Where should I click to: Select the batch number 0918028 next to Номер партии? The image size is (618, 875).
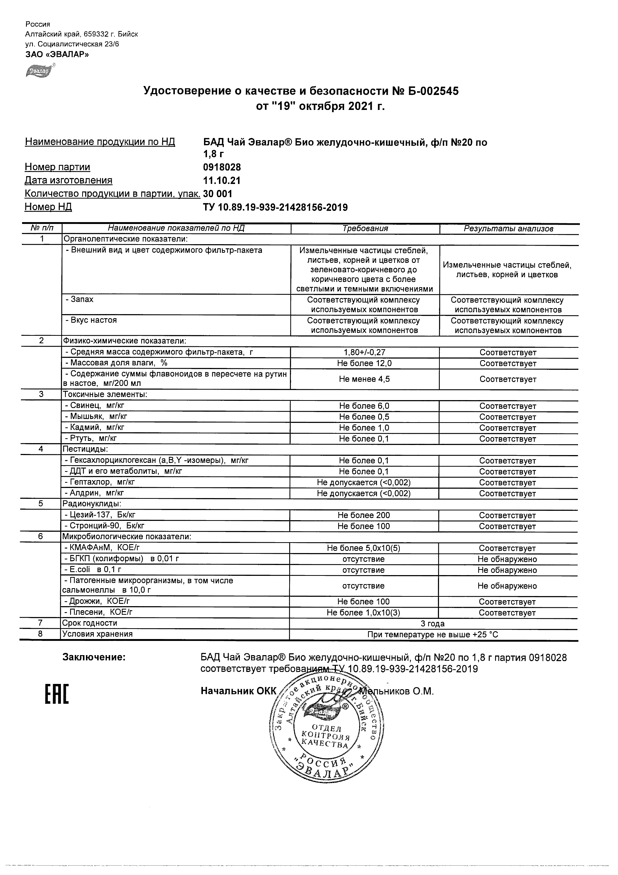222,167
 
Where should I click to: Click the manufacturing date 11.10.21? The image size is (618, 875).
222,181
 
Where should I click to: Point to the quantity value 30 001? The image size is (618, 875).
218,194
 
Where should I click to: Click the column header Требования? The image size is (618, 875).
365,228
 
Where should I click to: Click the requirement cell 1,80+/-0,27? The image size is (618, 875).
364,353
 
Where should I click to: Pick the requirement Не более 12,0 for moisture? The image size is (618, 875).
364,363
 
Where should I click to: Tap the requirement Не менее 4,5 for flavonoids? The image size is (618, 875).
364,379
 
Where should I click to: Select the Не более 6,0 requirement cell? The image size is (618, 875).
364,406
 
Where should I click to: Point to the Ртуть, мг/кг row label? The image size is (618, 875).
91,438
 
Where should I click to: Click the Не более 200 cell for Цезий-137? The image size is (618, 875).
364,516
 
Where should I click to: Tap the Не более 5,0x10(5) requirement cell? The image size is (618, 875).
364,549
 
